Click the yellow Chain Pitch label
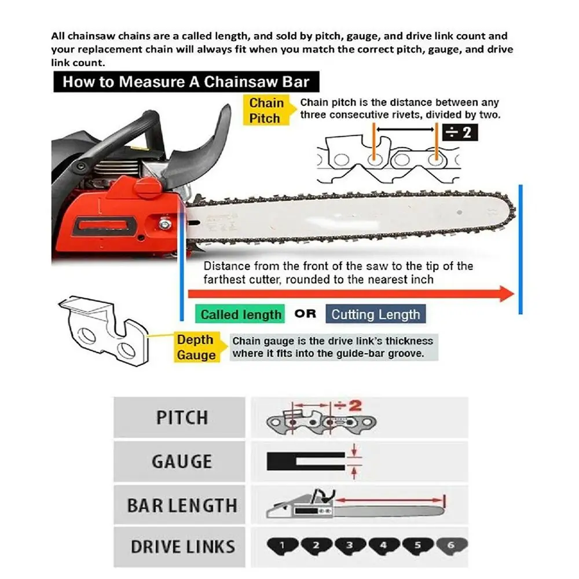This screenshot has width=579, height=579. (x=266, y=111)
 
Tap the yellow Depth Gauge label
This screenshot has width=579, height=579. (x=195, y=347)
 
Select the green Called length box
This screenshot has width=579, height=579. (x=240, y=315)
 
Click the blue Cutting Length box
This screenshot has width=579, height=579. (x=375, y=314)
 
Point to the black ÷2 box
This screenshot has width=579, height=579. (x=460, y=133)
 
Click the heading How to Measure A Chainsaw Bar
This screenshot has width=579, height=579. (x=186, y=81)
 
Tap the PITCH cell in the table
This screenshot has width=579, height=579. (x=181, y=417)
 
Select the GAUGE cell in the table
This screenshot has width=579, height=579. (x=181, y=461)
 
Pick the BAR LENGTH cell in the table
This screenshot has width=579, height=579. (x=181, y=505)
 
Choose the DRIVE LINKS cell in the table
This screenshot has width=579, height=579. (x=181, y=547)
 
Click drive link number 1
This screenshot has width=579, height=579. (x=282, y=545)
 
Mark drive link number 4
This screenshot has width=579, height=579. (x=383, y=545)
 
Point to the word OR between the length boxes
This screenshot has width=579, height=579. (x=305, y=314)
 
